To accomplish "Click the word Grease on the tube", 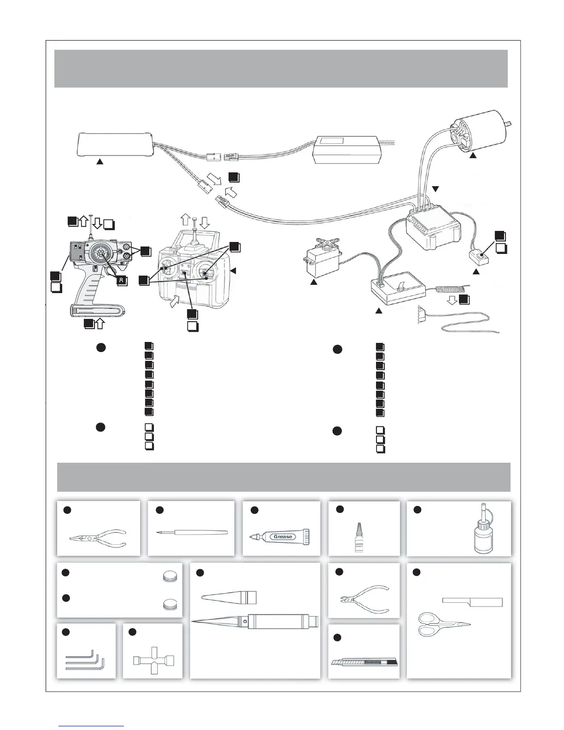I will [x=282, y=536].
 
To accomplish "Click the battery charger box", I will [x=348, y=150].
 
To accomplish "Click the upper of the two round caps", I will [x=170, y=577].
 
